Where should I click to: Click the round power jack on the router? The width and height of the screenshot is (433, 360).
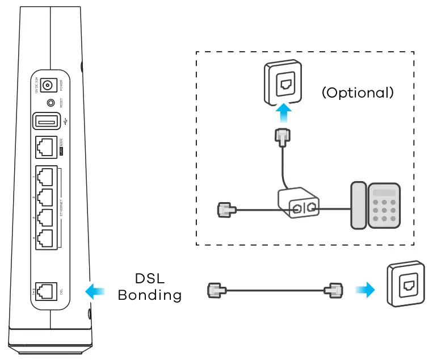pos(48,86)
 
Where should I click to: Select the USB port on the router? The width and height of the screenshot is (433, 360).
pos(45,122)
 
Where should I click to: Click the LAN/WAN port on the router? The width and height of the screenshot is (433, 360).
pos(45,147)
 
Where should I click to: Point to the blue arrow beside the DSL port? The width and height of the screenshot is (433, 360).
pos(94,291)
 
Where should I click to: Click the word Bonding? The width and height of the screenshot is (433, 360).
pos(150,295)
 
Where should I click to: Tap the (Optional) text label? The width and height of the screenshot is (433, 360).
pos(358,93)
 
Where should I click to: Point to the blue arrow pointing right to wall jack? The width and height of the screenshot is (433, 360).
pos(365,291)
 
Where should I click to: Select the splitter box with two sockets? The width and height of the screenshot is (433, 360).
pos(297,206)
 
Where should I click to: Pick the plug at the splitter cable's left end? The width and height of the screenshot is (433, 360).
pos(224,210)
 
